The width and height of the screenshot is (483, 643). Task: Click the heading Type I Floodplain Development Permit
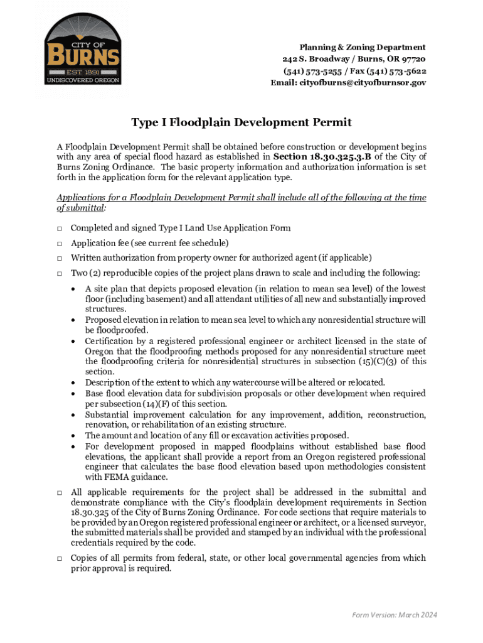241,122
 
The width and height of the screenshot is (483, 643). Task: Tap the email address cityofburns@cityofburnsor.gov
348,82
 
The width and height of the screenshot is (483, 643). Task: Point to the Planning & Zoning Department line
362,47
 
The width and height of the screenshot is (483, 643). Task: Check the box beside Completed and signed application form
58,228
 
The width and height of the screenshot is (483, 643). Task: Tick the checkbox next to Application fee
58,243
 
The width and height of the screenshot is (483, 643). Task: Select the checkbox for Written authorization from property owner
58,258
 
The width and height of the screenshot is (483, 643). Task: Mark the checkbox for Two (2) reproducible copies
58,273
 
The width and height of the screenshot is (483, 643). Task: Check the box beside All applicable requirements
58,492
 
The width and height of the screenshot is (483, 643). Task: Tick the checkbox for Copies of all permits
58,558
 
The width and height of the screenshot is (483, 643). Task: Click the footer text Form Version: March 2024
395,614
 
